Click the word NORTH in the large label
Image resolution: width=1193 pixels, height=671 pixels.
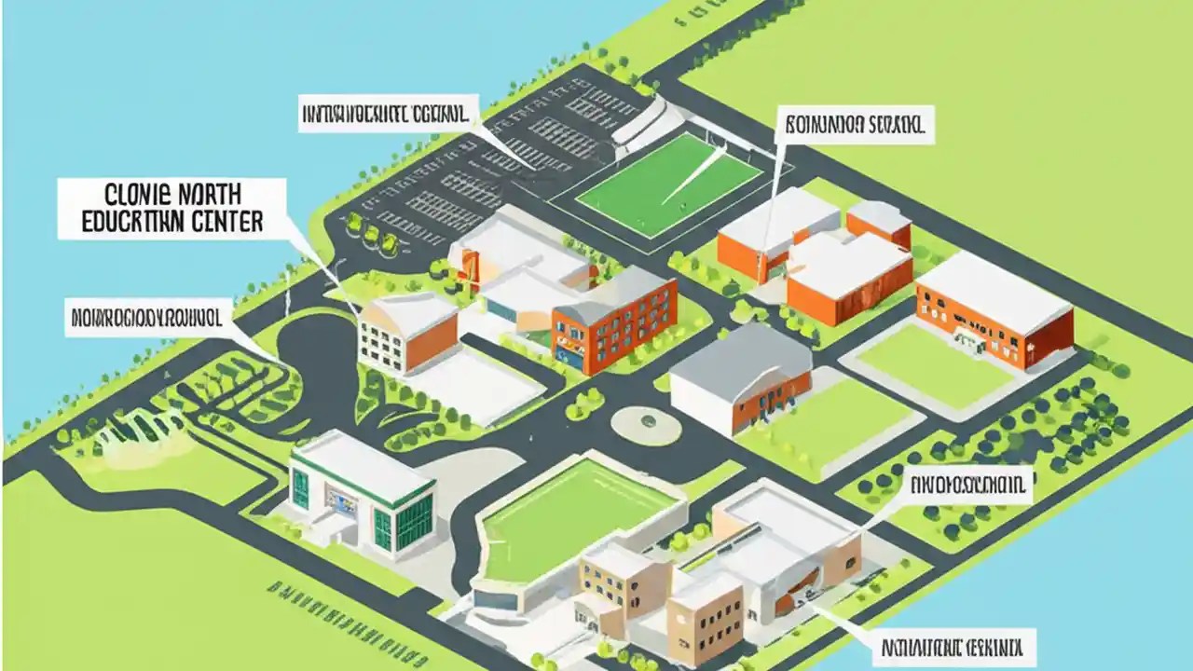tap(206, 197)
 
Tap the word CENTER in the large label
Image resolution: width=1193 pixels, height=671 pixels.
tap(225, 222)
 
